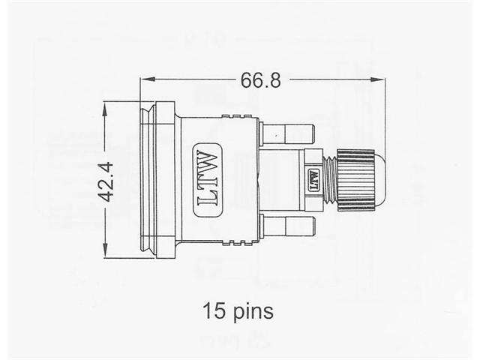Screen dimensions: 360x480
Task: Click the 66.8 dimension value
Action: pyautogui.click(x=261, y=80)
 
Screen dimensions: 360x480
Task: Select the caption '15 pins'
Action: pyautogui.click(x=237, y=310)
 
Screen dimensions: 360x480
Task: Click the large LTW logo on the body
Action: pyautogui.click(x=207, y=179)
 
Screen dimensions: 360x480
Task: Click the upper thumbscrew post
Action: pyautogui.click(x=287, y=133)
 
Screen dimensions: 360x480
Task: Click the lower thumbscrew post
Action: pyautogui.click(x=287, y=226)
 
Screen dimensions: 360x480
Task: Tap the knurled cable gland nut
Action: pyautogui.click(x=355, y=180)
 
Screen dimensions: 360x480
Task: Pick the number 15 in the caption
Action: pyautogui.click(x=212, y=310)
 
